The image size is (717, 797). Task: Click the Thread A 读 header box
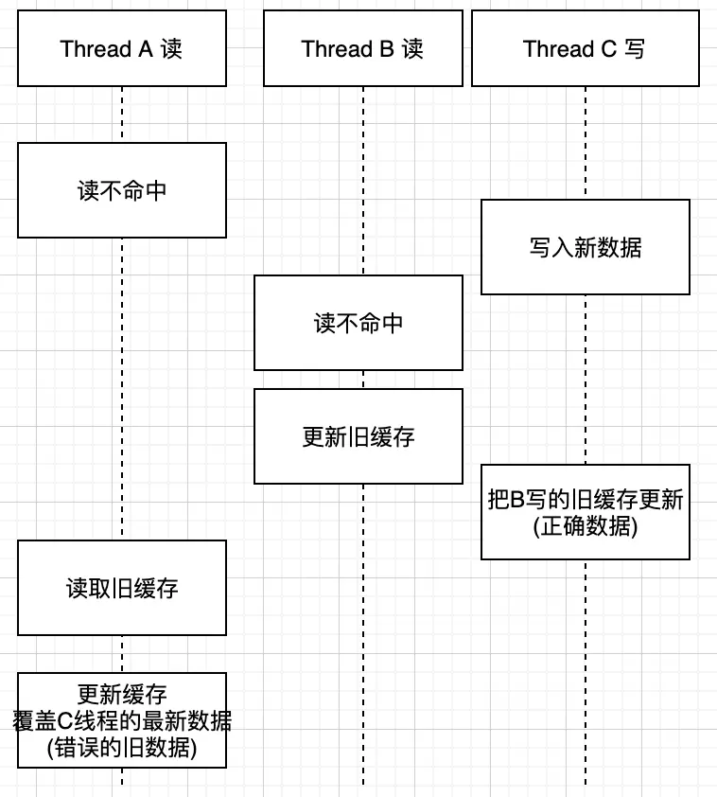pyautogui.click(x=121, y=48)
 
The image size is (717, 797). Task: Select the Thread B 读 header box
pyautogui.click(x=362, y=48)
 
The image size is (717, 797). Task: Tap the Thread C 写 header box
pyautogui.click(x=585, y=48)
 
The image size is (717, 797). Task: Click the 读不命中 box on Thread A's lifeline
pyautogui.click(x=121, y=190)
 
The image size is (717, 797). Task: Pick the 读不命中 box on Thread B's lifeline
pyautogui.click(x=358, y=323)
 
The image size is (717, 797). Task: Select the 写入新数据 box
pyautogui.click(x=585, y=247)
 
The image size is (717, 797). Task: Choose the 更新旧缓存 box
pyautogui.click(x=358, y=436)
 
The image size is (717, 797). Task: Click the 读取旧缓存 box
pyautogui.click(x=121, y=588)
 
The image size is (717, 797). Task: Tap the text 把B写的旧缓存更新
pyautogui.click(x=585, y=499)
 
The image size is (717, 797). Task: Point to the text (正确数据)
pyautogui.click(x=585, y=526)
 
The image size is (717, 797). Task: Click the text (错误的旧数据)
pyautogui.click(x=121, y=749)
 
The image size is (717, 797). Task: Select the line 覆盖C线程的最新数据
pyautogui.click(x=121, y=721)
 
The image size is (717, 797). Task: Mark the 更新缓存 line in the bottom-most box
pyautogui.click(x=121, y=695)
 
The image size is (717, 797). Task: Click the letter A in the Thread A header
pyautogui.click(x=146, y=49)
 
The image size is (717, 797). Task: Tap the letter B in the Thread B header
pyautogui.click(x=387, y=49)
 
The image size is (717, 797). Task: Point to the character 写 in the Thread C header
pyautogui.click(x=635, y=49)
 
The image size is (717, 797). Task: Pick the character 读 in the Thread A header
pyautogui.click(x=171, y=49)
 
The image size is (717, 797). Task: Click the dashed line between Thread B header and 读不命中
pyautogui.click(x=362, y=180)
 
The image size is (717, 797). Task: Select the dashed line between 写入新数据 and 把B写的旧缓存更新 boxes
pyautogui.click(x=585, y=379)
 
